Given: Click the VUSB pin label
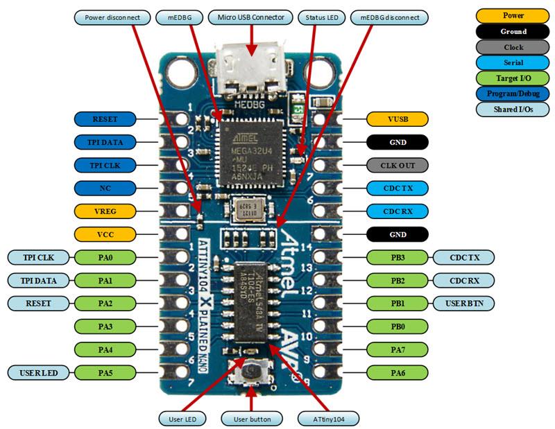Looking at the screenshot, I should (398, 119).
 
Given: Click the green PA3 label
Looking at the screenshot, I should (105, 326).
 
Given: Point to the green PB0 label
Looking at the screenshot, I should (398, 326).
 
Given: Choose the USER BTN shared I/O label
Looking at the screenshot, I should (461, 303).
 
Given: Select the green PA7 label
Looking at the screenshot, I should (398, 349).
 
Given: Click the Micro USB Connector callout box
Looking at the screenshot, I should (250, 17).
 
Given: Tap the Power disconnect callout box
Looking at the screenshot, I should (112, 17).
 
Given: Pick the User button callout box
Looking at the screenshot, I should (251, 419).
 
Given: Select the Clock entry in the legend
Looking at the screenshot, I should (513, 48).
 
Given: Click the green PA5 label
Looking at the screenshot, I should (105, 372).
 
